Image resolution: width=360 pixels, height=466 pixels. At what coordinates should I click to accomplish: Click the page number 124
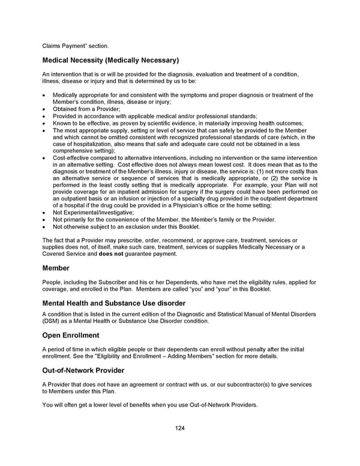pyautogui.click(x=179, y=428)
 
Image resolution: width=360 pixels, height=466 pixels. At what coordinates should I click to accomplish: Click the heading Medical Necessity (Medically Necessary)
pyautogui.click(x=110, y=60)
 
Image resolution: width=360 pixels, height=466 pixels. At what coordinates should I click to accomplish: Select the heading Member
pyautogui.click(x=56, y=268)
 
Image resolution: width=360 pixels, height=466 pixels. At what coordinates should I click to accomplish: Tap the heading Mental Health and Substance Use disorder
pyautogui.click(x=114, y=303)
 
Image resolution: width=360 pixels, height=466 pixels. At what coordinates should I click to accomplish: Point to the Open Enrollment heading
pyautogui.click(x=71, y=335)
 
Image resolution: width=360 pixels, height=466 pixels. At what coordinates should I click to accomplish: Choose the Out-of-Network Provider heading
pyautogui.click(x=83, y=370)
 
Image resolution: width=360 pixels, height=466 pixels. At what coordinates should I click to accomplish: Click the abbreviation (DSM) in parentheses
pyautogui.click(x=52, y=321)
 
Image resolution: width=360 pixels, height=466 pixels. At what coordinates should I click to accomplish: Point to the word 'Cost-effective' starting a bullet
pyautogui.click(x=71, y=157)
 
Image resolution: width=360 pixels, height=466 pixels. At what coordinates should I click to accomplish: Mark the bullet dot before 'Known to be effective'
pyautogui.click(x=44, y=123)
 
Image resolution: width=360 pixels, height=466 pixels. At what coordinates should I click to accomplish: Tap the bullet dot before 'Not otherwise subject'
pyautogui.click(x=44, y=227)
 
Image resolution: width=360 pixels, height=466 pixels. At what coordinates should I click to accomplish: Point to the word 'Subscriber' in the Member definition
pyautogui.click(x=106, y=282)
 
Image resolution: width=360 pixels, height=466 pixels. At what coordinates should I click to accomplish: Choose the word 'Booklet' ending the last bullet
pyautogui.click(x=188, y=227)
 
